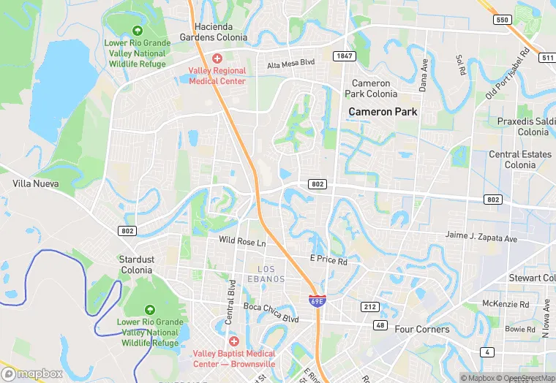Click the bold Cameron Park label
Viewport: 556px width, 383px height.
(x=383, y=112)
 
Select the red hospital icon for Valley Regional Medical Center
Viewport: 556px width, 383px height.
(x=217, y=58)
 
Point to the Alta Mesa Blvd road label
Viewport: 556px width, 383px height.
(x=290, y=64)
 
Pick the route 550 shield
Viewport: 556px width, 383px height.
(x=501, y=20)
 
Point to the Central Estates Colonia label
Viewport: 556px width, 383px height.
(x=519, y=159)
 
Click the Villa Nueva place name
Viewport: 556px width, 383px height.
(x=35, y=183)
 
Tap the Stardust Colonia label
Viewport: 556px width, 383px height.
(x=136, y=265)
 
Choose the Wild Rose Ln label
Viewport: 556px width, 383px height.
(x=242, y=240)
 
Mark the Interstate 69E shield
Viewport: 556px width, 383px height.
(x=316, y=300)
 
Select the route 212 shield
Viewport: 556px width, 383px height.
(x=370, y=307)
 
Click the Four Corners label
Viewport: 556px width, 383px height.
(x=422, y=329)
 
